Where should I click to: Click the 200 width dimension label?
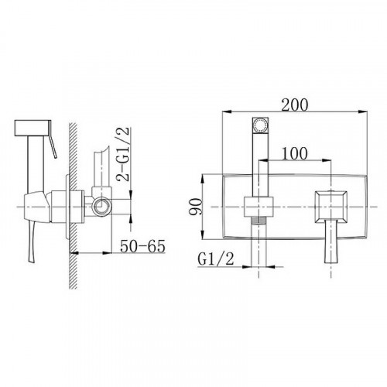coord(294,104)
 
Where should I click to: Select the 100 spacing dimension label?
coord(294,153)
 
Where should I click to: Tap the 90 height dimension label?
coord(195,207)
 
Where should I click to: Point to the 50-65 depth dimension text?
coord(142,246)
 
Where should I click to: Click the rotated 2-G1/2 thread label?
coord(123,154)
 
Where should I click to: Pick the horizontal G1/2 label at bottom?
coord(216,259)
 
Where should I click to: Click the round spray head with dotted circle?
coord(260,125)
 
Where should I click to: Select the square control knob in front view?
coord(330,206)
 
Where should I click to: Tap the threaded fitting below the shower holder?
coord(259,220)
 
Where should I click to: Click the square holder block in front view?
coord(259,207)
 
